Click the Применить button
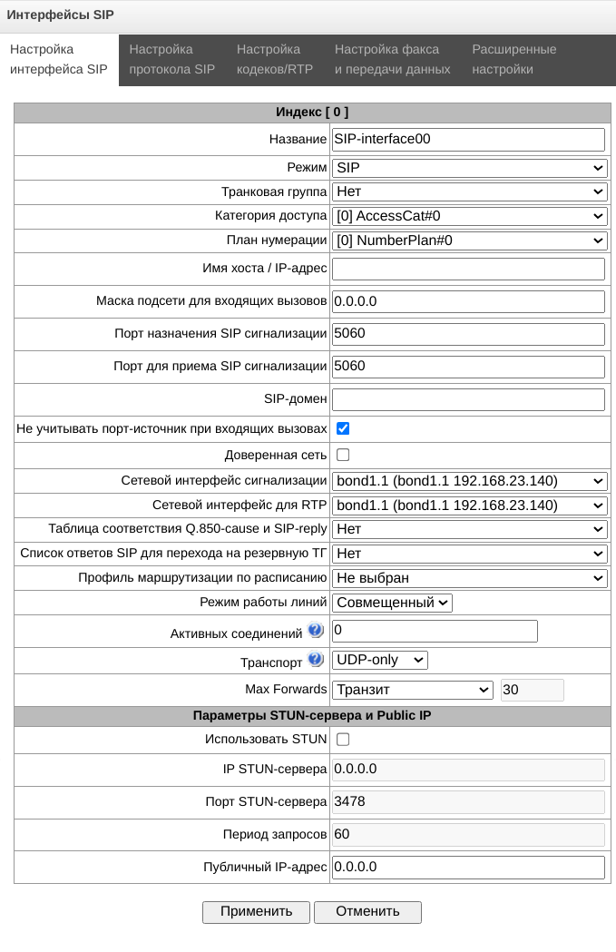coord(256,911)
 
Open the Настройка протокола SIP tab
coord(172,59)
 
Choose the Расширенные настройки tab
coord(514,59)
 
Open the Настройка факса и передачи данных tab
coord(392,59)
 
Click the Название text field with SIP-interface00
coord(468,139)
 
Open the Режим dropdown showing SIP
coord(469,168)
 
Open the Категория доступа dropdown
coord(469,216)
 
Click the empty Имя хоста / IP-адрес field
coord(468,269)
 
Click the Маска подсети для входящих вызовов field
coord(468,301)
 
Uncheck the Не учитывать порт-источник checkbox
coord(343,428)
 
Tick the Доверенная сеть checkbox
coord(343,454)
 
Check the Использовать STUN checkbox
coord(343,740)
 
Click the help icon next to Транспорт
coord(316,659)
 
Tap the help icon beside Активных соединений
coord(316,630)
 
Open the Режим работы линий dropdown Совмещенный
coord(392,603)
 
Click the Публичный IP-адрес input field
coord(468,867)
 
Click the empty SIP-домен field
coord(468,399)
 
